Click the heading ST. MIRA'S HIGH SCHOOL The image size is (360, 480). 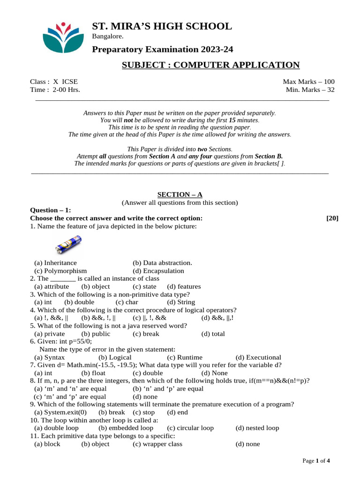(x=162, y=26)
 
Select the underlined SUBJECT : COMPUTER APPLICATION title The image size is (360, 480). (x=210, y=65)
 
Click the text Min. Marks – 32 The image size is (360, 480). (x=310, y=90)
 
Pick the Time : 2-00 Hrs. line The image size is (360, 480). (x=55, y=90)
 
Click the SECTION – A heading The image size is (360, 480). (x=180, y=195)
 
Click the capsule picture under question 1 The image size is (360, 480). (x=69, y=244)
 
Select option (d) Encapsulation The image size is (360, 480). (x=158, y=271)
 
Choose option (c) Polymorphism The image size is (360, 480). (x=60, y=271)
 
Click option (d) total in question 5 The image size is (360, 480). (x=213, y=334)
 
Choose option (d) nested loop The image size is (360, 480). (x=257, y=428)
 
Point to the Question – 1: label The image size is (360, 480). (x=50, y=210)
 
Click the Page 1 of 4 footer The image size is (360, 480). (x=316, y=461)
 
